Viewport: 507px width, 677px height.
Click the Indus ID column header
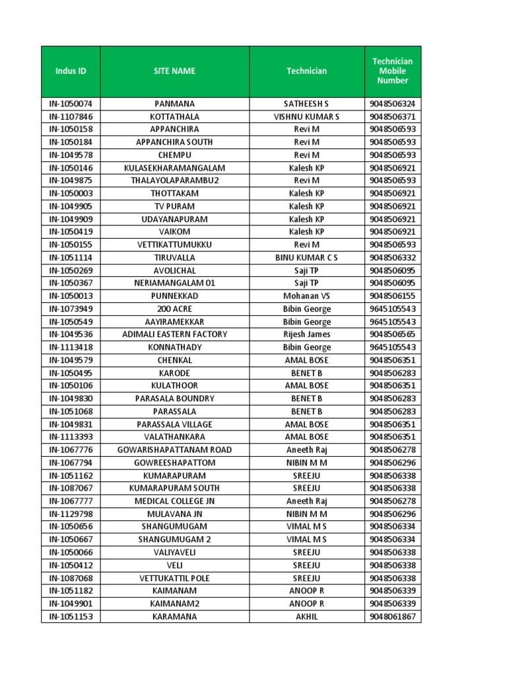(71, 71)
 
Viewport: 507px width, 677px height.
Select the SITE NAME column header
(174, 71)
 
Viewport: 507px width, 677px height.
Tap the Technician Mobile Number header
(393, 71)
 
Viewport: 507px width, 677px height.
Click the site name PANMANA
(174, 104)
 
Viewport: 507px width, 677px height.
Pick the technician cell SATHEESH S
(306, 104)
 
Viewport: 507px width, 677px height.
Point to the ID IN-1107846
(71, 116)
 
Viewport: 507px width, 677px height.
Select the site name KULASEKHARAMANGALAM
(174, 168)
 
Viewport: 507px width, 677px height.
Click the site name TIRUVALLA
(174, 257)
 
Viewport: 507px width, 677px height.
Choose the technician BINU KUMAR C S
(306, 257)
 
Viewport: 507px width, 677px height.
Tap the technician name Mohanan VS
(306, 296)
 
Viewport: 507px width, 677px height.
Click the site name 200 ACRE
(174, 309)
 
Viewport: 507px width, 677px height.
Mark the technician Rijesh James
(306, 334)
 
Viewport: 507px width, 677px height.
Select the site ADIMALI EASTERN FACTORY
(174, 334)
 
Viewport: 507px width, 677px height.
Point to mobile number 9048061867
(393, 616)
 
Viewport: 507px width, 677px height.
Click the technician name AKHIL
(306, 616)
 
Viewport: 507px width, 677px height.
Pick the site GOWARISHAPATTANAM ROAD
(174, 450)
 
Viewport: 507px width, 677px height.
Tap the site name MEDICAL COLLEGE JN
(174, 501)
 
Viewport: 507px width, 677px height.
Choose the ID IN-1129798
(71, 514)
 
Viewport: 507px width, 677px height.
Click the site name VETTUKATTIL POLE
(174, 578)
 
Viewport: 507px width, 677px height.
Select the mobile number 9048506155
(393, 296)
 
